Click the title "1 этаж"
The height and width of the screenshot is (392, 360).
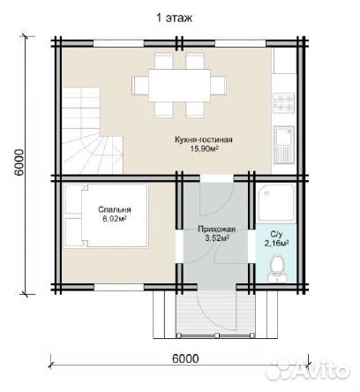174,19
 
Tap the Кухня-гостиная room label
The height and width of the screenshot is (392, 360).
204,139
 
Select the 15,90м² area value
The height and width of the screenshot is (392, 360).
205,148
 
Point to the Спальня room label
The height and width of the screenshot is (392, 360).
115,209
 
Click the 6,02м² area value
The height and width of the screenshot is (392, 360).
114,219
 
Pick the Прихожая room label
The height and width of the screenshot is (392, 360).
217,230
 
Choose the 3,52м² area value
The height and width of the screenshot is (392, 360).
217,238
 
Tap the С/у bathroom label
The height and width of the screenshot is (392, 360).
276,234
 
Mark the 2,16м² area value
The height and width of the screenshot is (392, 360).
276,243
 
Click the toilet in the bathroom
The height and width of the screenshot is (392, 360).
277,269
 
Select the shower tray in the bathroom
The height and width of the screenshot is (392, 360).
276,202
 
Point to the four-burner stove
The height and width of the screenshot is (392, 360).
284,103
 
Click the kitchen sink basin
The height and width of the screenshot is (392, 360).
282,136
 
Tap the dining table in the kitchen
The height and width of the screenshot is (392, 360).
179,86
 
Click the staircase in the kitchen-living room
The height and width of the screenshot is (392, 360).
92,131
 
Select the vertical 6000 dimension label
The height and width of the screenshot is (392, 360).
19,162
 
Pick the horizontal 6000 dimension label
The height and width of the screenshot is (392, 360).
185,358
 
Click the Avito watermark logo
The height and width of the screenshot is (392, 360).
308,369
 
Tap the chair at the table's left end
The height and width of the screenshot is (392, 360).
140,86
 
